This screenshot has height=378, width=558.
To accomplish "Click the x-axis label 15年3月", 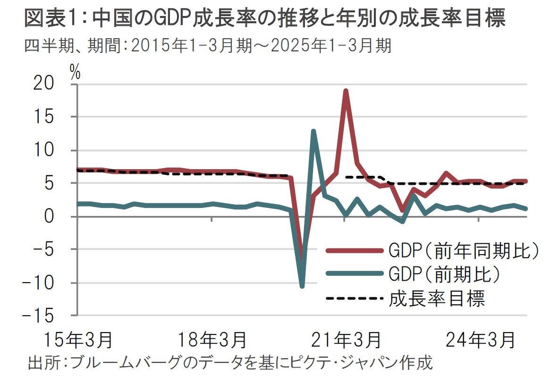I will [x=78, y=340].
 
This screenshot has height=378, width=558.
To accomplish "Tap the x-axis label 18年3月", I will [x=212, y=340].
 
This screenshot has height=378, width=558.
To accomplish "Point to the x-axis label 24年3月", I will [x=480, y=340].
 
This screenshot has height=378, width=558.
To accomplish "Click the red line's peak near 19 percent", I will [x=346, y=91].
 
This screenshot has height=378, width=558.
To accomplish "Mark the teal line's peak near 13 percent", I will [x=313, y=131].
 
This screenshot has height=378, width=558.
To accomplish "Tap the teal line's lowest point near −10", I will [x=302, y=286].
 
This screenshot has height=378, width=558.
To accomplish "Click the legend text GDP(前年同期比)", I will [x=464, y=250].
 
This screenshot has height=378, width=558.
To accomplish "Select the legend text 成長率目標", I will [x=437, y=298].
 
